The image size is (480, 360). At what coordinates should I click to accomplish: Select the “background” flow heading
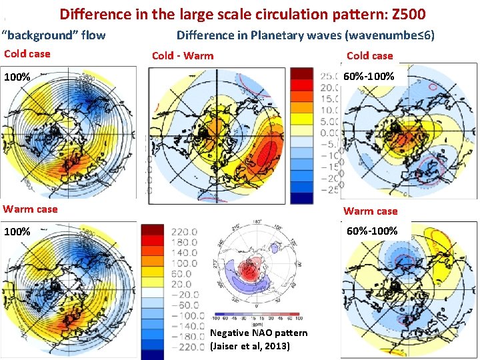click(x=54, y=35)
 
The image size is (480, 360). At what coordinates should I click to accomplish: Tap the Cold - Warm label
click(x=183, y=55)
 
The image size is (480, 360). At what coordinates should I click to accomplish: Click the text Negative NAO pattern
click(x=259, y=333)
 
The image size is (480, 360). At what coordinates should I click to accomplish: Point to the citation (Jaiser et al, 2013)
click(x=250, y=345)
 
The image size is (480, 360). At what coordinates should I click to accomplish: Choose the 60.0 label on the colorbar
click(x=183, y=273)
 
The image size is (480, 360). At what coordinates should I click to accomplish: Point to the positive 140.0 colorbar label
click(x=183, y=253)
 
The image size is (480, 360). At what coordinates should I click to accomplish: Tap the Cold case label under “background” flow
click(x=27, y=54)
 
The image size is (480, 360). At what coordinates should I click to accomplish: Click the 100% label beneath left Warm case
click(x=17, y=232)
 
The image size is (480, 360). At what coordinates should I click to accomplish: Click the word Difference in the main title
click(x=94, y=13)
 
